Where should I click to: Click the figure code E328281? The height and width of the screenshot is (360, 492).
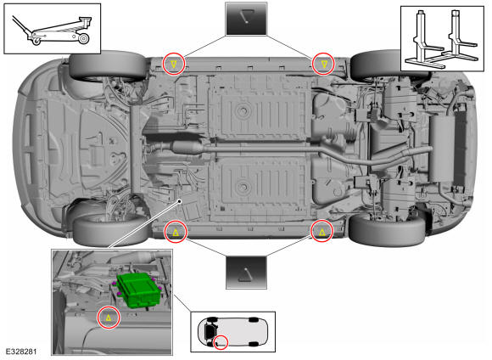pos(21,352)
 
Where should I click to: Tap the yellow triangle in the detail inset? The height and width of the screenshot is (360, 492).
pos(109,318)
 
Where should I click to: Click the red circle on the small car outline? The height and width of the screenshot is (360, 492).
pos(221,342)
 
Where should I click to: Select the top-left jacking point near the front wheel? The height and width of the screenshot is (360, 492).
pos(174,65)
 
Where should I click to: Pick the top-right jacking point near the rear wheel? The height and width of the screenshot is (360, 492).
pos(324,65)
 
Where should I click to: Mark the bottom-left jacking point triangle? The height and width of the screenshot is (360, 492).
pos(176,232)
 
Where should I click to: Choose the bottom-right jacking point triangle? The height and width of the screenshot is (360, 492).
pos(322,232)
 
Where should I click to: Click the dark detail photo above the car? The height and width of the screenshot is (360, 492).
pos(246,19)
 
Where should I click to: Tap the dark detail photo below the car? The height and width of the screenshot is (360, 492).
pos(246,273)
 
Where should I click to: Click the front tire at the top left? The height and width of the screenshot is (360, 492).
pos(109,66)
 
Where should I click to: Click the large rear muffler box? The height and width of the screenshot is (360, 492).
pos(443,149)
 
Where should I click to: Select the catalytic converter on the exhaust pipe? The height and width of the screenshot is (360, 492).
pos(187,148)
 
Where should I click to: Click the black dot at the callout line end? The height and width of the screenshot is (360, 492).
pos(180,200)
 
